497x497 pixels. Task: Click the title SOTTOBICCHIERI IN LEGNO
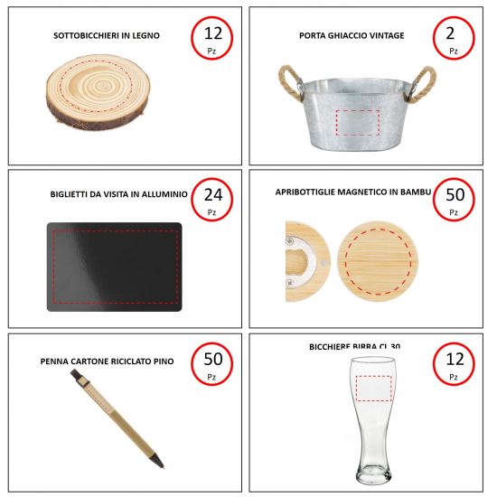point(107,35)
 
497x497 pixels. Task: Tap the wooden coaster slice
point(98,92)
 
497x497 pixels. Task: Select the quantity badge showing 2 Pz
point(454,38)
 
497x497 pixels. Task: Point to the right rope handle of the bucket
point(423,83)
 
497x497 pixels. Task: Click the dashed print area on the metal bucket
point(358,123)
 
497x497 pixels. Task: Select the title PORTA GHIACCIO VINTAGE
point(352,35)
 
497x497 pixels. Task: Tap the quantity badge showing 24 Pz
point(211,200)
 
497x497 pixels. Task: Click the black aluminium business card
point(115,267)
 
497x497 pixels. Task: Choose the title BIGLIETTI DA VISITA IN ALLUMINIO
point(119,194)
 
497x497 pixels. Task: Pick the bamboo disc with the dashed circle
point(378,261)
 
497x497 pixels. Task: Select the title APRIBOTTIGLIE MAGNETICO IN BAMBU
point(353,192)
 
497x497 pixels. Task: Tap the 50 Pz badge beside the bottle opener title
point(454,200)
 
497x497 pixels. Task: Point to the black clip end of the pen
point(76,374)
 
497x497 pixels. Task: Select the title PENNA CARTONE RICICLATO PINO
point(107,361)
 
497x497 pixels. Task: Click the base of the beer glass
point(373,474)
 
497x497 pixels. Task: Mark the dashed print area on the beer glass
point(374,389)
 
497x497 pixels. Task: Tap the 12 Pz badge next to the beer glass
point(454,364)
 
